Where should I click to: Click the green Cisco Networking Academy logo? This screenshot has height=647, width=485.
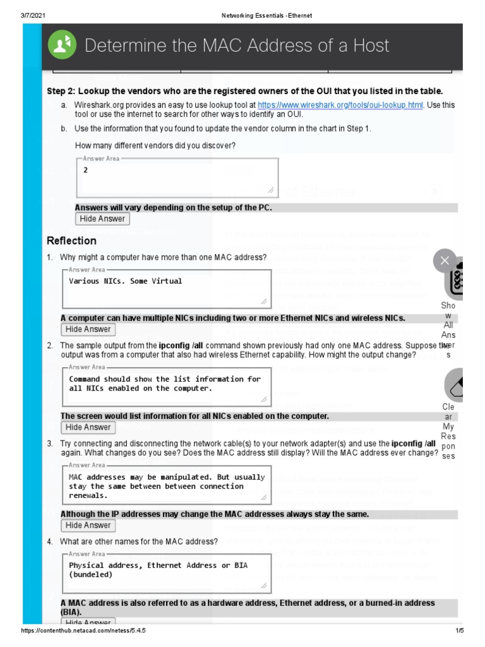tap(63, 45)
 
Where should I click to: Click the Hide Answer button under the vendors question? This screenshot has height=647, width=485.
tap(102, 219)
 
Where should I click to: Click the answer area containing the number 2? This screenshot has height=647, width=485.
tap(177, 178)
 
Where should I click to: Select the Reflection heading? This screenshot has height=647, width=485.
tap(71, 241)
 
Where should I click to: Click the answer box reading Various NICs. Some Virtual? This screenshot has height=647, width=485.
tap(166, 287)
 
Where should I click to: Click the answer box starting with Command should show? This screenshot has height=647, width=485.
tap(166, 386)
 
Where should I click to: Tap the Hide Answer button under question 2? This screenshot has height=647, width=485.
tap(88, 427)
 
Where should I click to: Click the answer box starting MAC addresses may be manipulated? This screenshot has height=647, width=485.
tap(166, 485)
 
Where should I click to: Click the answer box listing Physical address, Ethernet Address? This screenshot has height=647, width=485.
tap(166, 573)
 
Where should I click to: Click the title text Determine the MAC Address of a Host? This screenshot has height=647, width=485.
tap(237, 45)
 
